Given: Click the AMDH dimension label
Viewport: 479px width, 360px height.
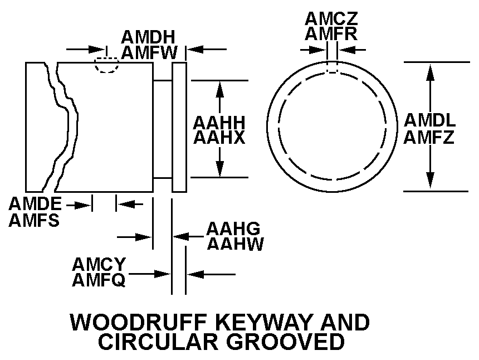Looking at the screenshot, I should [x=148, y=37].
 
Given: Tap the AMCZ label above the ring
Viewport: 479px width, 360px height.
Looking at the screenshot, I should [x=331, y=18].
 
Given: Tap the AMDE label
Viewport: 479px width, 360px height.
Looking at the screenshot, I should [x=35, y=204].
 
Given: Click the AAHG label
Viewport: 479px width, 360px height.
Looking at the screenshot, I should [x=233, y=228].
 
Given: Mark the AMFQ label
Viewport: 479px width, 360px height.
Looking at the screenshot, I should [x=99, y=279].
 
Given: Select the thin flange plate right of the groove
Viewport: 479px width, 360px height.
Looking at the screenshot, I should [x=179, y=127].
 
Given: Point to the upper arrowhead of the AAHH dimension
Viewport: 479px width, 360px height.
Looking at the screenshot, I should [x=220, y=87].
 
